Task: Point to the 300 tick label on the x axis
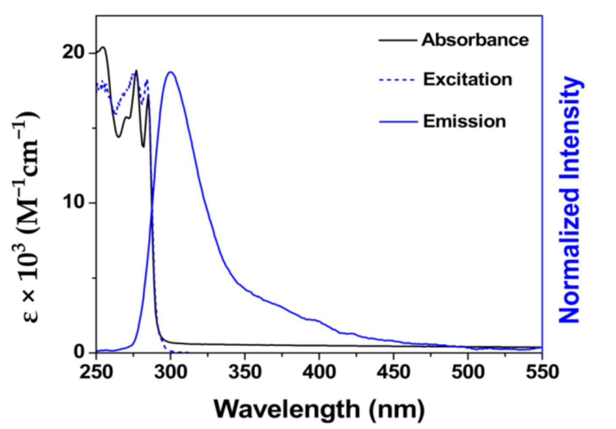click(x=170, y=372)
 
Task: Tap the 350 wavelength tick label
click(x=244, y=372)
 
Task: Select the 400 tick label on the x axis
click(x=319, y=372)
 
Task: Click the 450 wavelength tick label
click(x=393, y=372)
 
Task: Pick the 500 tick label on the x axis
click(x=468, y=372)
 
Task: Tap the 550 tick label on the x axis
click(x=541, y=372)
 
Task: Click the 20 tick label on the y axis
click(x=74, y=52)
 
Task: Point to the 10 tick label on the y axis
click(x=74, y=202)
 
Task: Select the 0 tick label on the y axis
click(x=79, y=352)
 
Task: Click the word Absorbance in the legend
click(x=475, y=40)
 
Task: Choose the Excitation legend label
click(x=468, y=80)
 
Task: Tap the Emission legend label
click(x=465, y=121)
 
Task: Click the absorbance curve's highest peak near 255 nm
click(x=103, y=47)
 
